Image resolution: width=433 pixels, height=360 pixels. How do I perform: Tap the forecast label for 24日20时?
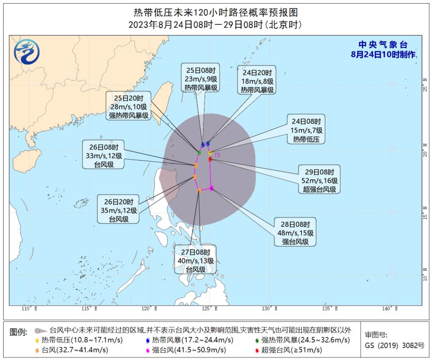(x=257, y=81)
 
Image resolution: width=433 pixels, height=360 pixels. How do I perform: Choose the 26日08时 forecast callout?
(x=104, y=153)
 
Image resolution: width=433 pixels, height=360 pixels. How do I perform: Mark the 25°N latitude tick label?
(x=425, y=81)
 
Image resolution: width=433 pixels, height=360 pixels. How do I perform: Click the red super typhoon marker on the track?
(x=210, y=160)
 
